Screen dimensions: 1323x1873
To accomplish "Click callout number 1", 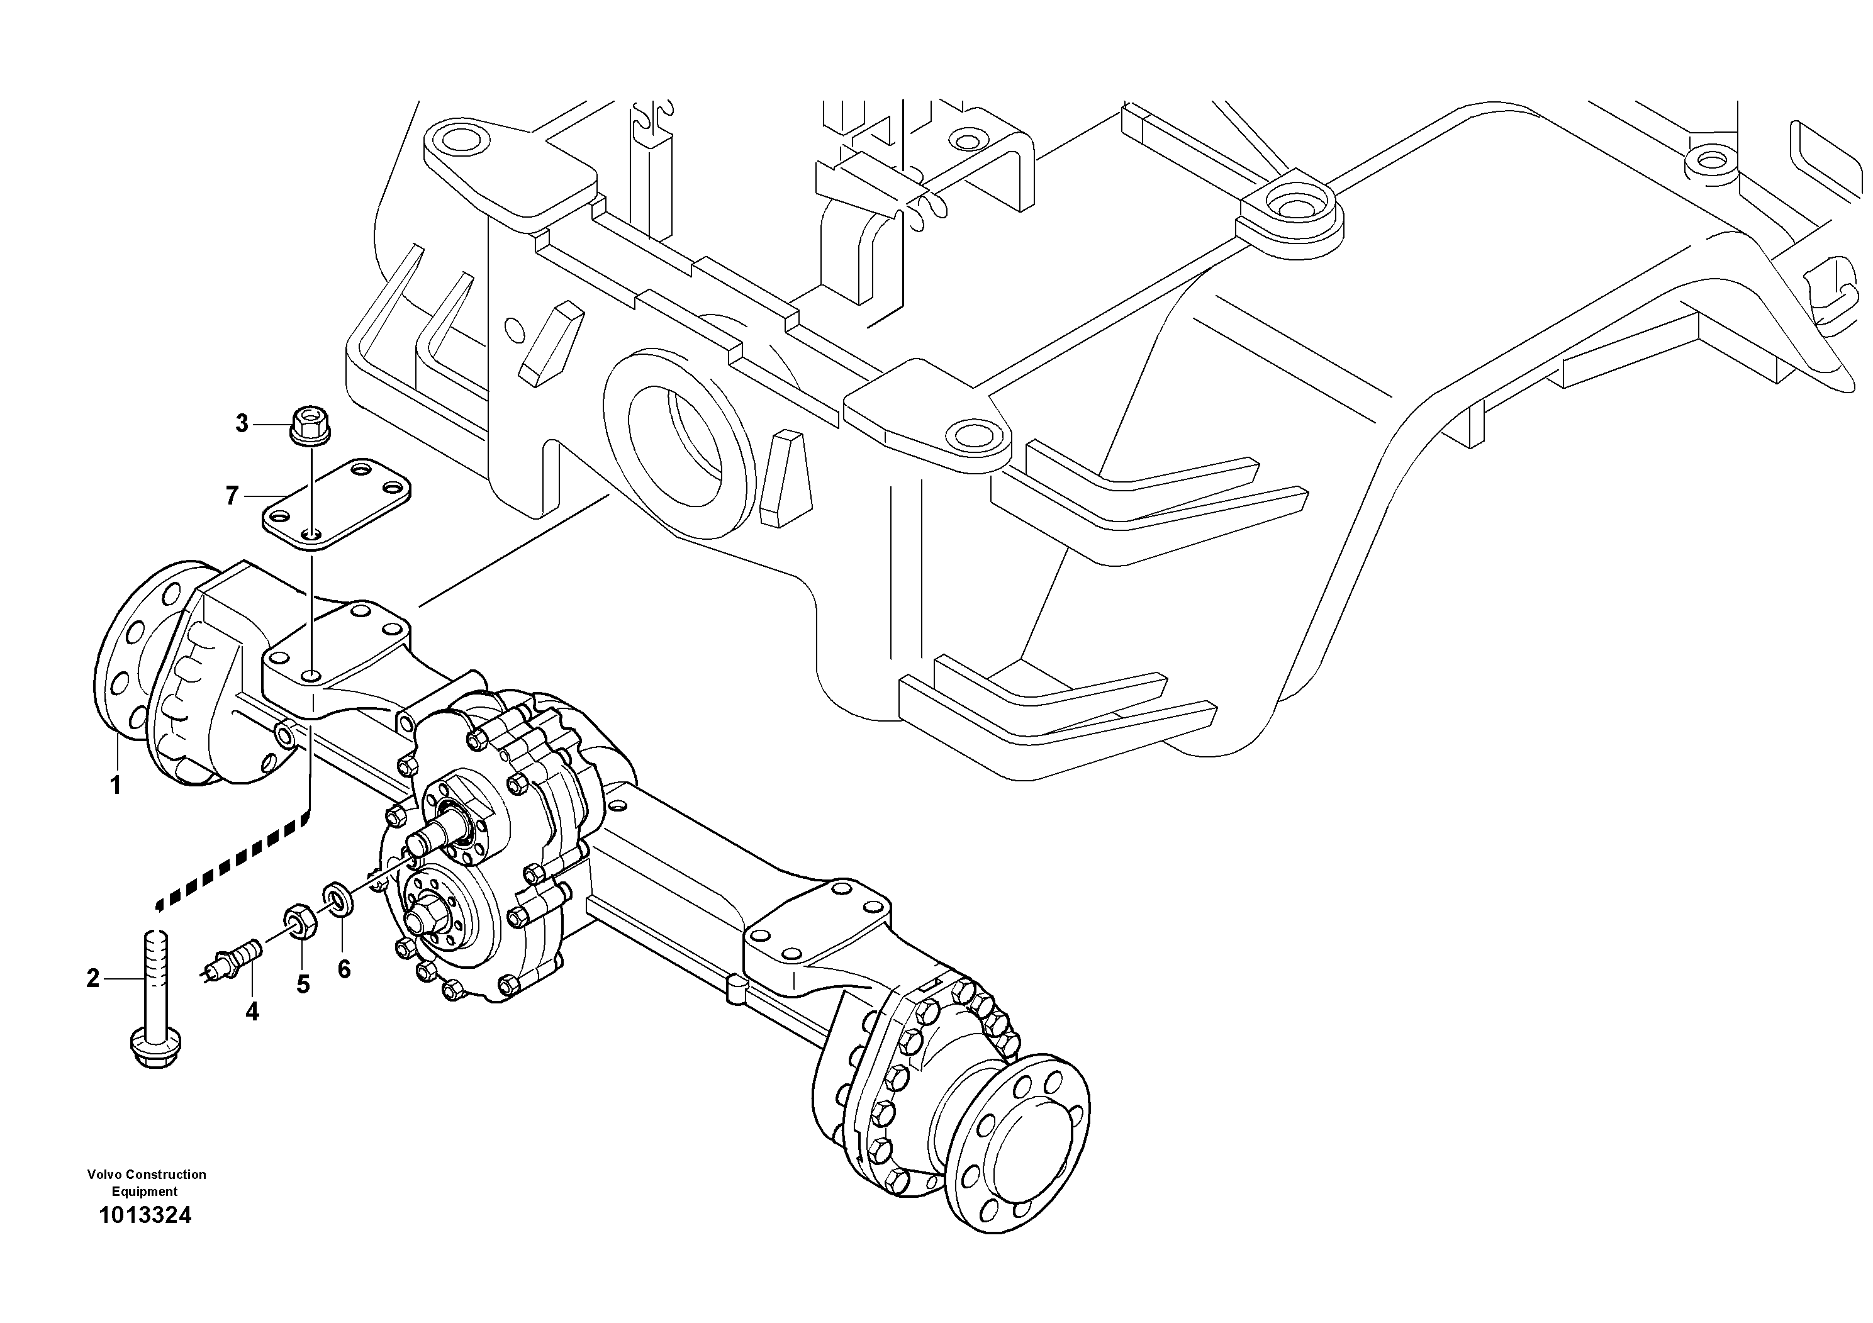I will (x=115, y=786).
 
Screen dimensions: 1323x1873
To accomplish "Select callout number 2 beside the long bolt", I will (x=93, y=978).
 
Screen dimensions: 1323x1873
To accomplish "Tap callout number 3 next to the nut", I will (x=242, y=424).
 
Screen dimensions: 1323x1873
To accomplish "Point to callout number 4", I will (x=252, y=1012).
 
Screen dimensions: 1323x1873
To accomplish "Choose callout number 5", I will (x=303, y=985).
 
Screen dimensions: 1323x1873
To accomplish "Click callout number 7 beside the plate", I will (x=232, y=495).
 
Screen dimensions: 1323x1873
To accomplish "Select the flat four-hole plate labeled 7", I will (x=336, y=503).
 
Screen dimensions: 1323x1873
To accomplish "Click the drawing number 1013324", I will (x=145, y=1215).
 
